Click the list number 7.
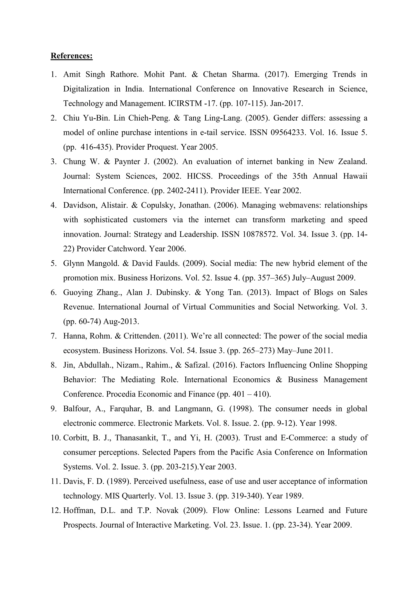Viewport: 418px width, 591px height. [53, 336]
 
